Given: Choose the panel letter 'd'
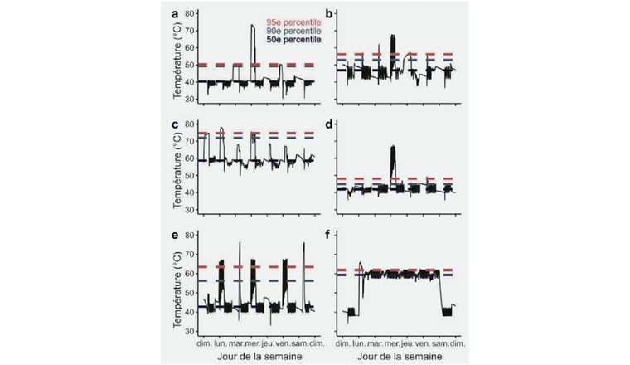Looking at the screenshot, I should coord(331,125).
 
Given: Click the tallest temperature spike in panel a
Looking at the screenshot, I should coord(253,27).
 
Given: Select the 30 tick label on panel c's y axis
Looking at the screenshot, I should coord(190,210).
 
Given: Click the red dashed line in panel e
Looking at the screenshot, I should coord(249,266).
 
